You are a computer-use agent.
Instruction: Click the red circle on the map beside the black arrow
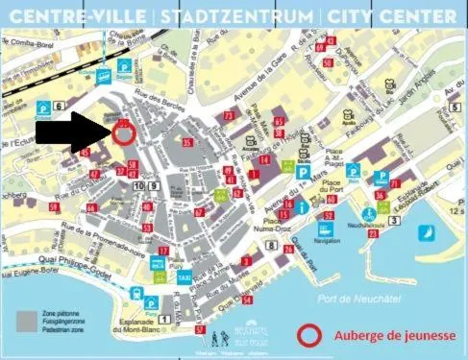(x=124, y=135)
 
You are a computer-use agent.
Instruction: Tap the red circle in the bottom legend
(x=309, y=336)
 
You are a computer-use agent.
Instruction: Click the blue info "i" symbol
(x=302, y=206)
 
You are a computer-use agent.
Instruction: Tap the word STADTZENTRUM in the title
(x=236, y=17)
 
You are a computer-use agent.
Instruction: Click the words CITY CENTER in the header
(x=390, y=17)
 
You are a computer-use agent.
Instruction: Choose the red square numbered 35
(x=186, y=142)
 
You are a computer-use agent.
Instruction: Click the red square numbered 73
(x=228, y=115)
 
